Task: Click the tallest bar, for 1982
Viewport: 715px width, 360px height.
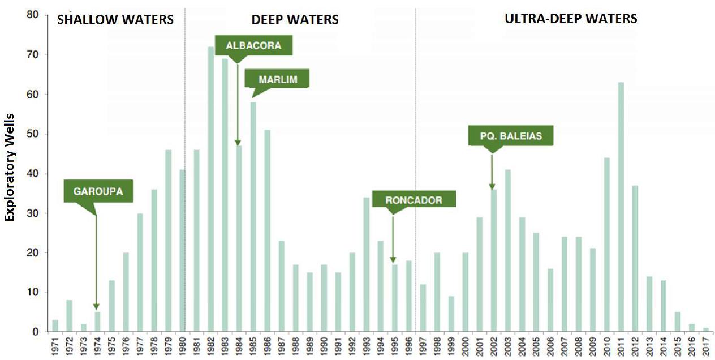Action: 210,189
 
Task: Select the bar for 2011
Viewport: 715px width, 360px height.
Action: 621,207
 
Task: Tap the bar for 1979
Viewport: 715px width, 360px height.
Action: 168,241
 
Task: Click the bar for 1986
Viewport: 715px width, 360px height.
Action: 267,230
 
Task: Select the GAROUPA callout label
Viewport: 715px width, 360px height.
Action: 98,191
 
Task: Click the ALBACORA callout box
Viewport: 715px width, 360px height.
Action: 253,45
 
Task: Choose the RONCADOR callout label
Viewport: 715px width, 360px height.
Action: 414,200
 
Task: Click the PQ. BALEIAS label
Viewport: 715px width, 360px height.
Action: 510,135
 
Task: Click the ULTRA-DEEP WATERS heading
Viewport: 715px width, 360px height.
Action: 571,19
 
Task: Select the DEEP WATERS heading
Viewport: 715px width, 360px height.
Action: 295,20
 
